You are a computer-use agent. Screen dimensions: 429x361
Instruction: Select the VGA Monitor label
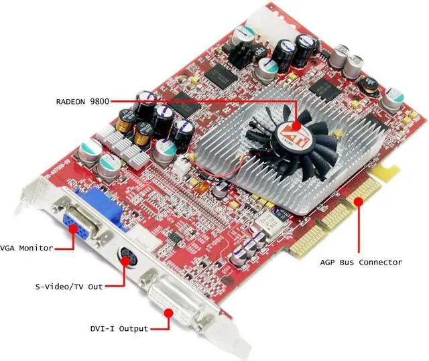pos(27,248)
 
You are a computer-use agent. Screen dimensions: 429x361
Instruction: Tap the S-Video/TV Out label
pos(69,287)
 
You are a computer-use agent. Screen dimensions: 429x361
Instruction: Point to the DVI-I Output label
pos(120,328)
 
